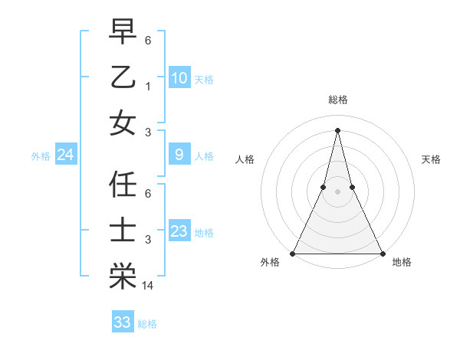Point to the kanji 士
tap(123, 231)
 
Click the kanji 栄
tap(123, 277)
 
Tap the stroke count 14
tap(149, 286)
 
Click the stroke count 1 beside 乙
tap(148, 86)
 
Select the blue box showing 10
tap(179, 77)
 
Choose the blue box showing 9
tap(179, 155)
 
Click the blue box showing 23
tap(179, 231)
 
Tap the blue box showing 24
tap(66, 155)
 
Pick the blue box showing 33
tap(123, 322)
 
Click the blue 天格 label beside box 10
tap(204, 79)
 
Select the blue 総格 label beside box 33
tap(148, 324)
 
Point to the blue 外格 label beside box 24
tap(41, 156)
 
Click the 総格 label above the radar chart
tap(337, 100)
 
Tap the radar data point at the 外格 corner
tap(293, 254)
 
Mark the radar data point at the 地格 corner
tap(382, 254)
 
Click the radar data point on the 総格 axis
tap(337, 129)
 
